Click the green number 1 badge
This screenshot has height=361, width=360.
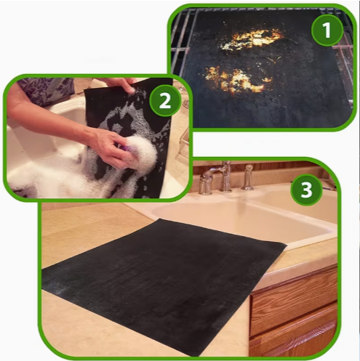327,31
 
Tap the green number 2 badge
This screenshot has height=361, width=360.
165,101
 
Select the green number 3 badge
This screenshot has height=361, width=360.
306,190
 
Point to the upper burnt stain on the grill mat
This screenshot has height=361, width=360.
253,38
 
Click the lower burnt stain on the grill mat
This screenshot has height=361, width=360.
236,79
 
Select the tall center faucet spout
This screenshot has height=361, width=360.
226,176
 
